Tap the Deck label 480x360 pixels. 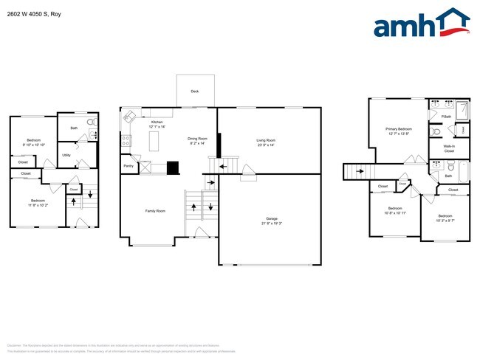pyautogui.click(x=195, y=92)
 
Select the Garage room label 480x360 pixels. pyautogui.click(x=272, y=219)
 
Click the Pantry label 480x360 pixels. pyautogui.click(x=128, y=165)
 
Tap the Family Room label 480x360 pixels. pyautogui.click(x=155, y=211)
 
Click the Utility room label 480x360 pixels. pyautogui.click(x=66, y=155)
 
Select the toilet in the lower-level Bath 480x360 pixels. pyautogui.click(x=91, y=122)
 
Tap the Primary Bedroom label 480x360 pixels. pyautogui.click(x=399, y=129)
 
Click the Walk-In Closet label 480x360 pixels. pyautogui.click(x=449, y=148)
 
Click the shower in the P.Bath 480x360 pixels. pyautogui.click(x=462, y=111)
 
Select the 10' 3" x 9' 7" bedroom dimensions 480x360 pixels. pyautogui.click(x=445, y=221)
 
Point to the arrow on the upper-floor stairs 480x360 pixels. pyautogui.click(x=360, y=173)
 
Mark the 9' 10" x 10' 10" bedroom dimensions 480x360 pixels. pyautogui.click(x=34, y=145)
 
